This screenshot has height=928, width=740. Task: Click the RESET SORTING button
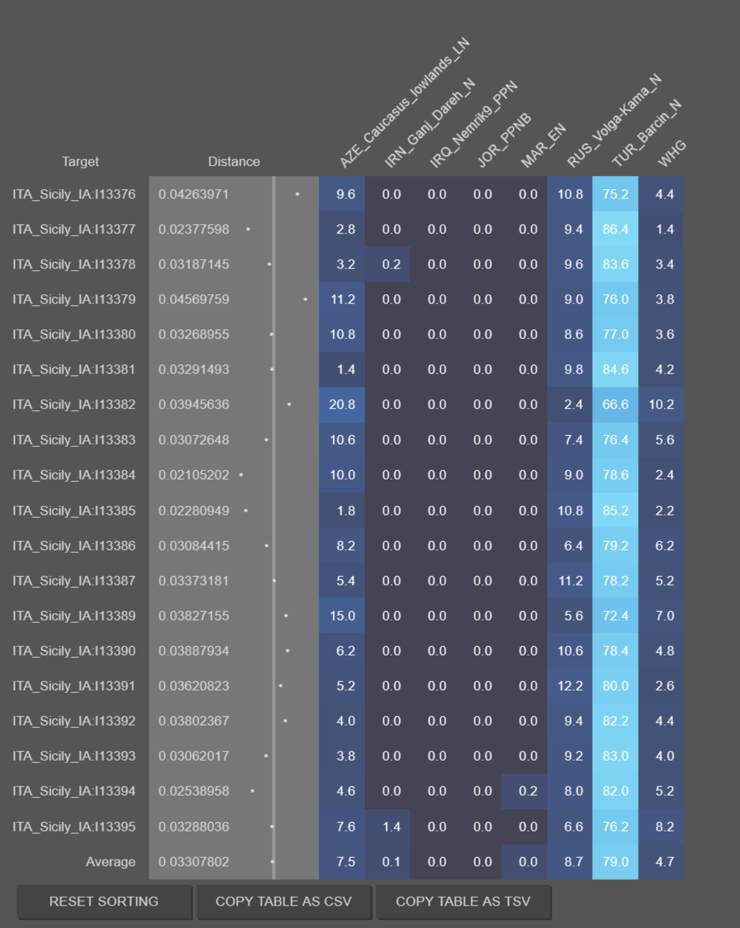click(104, 902)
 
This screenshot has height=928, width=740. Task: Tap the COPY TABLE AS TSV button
click(463, 902)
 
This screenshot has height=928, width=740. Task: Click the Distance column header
click(234, 162)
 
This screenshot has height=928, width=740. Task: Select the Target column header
click(80, 162)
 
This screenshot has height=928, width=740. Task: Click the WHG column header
click(672, 153)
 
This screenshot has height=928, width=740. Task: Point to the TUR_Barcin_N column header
click(647, 133)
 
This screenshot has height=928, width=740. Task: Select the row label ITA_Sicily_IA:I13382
click(74, 404)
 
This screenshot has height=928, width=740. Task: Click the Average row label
click(111, 862)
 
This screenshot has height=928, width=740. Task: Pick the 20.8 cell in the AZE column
click(342, 404)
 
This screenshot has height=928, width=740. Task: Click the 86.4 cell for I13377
click(615, 229)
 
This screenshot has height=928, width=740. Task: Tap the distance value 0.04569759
click(194, 300)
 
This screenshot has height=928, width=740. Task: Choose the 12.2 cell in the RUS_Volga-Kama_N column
click(570, 686)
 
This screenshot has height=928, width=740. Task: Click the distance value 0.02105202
click(194, 475)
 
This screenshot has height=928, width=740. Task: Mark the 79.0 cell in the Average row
click(615, 862)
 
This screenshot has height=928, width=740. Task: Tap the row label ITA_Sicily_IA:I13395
click(74, 827)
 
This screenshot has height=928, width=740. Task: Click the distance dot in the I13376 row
click(298, 194)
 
